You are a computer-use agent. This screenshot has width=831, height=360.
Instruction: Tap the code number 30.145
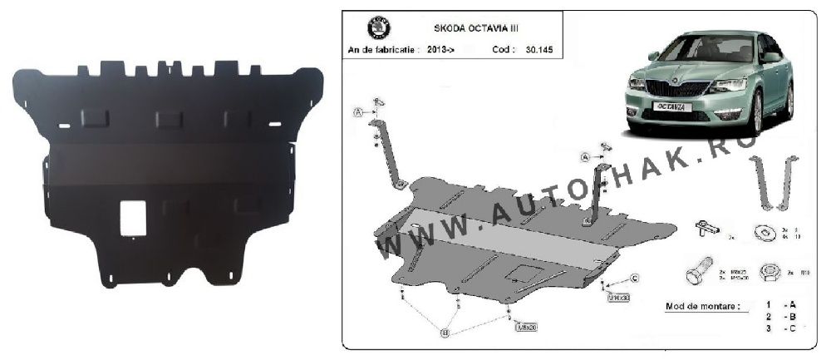(x=540, y=50)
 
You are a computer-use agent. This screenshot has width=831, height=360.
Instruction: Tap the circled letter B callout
(x=445, y=333)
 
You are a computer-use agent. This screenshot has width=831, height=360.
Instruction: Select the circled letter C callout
(x=634, y=278)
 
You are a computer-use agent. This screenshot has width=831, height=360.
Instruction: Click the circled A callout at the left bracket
(x=359, y=113)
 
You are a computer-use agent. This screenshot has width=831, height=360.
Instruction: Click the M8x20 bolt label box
(x=526, y=327)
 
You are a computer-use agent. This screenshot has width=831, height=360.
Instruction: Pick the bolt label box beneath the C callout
(x=618, y=297)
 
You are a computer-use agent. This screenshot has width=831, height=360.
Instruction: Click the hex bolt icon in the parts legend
(x=698, y=275)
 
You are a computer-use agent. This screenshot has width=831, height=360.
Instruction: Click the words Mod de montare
(x=701, y=306)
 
